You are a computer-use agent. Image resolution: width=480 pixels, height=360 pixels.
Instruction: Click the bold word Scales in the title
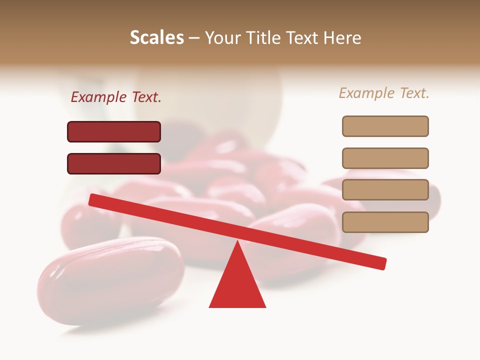coord(156,38)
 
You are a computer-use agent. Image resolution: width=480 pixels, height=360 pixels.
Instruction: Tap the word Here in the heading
coord(342,38)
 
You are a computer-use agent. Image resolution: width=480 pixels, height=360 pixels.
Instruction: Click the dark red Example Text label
coord(116,97)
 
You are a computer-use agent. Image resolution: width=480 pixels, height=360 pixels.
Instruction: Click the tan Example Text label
coord(384,93)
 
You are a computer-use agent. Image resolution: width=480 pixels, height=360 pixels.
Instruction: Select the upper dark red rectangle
coord(114,132)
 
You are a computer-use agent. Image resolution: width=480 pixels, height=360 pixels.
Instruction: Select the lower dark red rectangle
coord(114,164)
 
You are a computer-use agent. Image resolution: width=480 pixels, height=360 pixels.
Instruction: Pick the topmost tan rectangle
coord(385,126)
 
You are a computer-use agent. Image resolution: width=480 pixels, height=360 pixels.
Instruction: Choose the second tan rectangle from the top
coord(385,158)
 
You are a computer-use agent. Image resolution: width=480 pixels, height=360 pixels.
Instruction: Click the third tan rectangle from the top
coord(385,190)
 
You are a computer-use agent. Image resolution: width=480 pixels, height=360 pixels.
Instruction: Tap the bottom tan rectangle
coord(385,222)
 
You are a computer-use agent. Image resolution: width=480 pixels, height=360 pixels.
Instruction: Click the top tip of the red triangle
coord(238,244)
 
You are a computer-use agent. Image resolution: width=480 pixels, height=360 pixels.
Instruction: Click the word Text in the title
coord(303,38)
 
